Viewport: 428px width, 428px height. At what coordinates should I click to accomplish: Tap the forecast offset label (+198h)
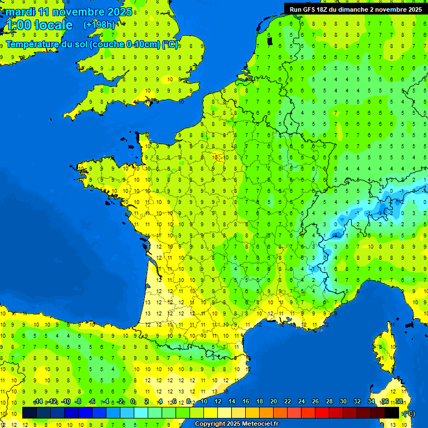coord(99,25)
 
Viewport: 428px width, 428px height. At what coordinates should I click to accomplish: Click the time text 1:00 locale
coord(38,25)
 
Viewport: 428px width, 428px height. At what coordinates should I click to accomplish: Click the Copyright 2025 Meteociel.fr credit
coord(236,424)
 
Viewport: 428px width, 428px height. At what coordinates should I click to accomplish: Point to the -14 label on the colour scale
coord(38,401)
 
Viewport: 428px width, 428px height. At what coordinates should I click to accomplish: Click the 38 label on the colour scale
coord(398,401)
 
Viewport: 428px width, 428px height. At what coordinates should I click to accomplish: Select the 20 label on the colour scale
coord(274,401)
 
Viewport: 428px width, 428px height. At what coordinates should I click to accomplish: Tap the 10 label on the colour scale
coord(204,401)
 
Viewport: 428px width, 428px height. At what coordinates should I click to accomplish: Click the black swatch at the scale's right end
coord(392,412)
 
